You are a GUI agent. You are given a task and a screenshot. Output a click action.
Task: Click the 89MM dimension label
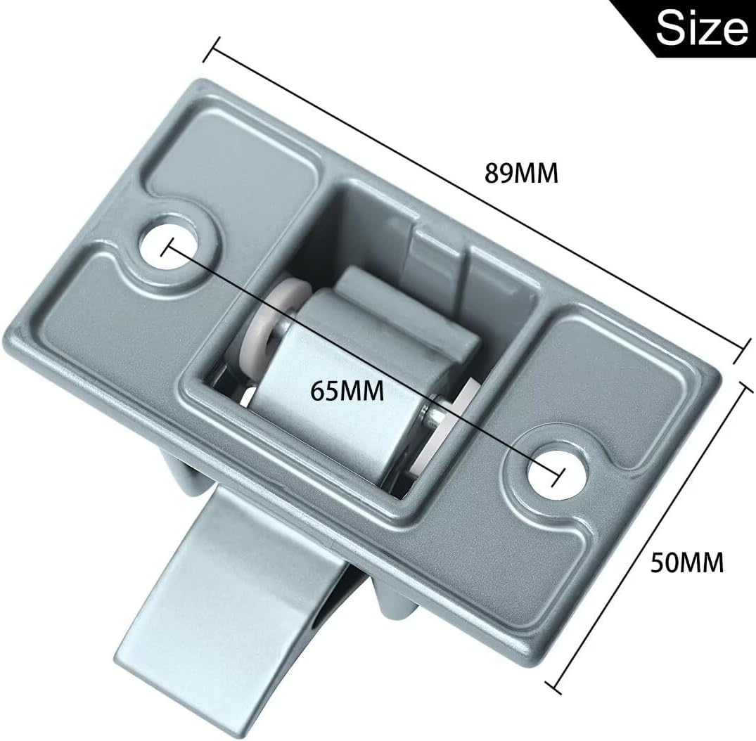(x=520, y=173)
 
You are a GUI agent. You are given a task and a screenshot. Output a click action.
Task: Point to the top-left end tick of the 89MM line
(x=212, y=50)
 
